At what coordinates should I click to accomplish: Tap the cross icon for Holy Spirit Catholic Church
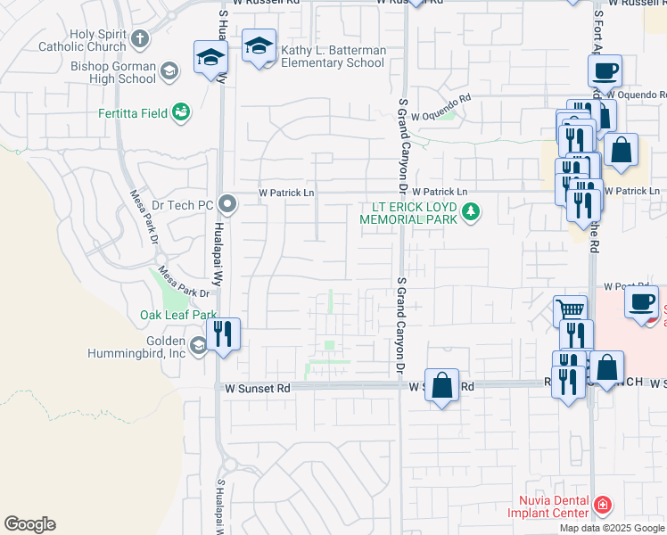tap(140, 39)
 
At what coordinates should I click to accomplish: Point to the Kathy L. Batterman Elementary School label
tap(333, 57)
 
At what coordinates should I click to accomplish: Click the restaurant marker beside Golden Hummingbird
tap(222, 335)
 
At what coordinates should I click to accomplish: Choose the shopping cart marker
tap(570, 312)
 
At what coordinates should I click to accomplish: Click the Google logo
tap(29, 524)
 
